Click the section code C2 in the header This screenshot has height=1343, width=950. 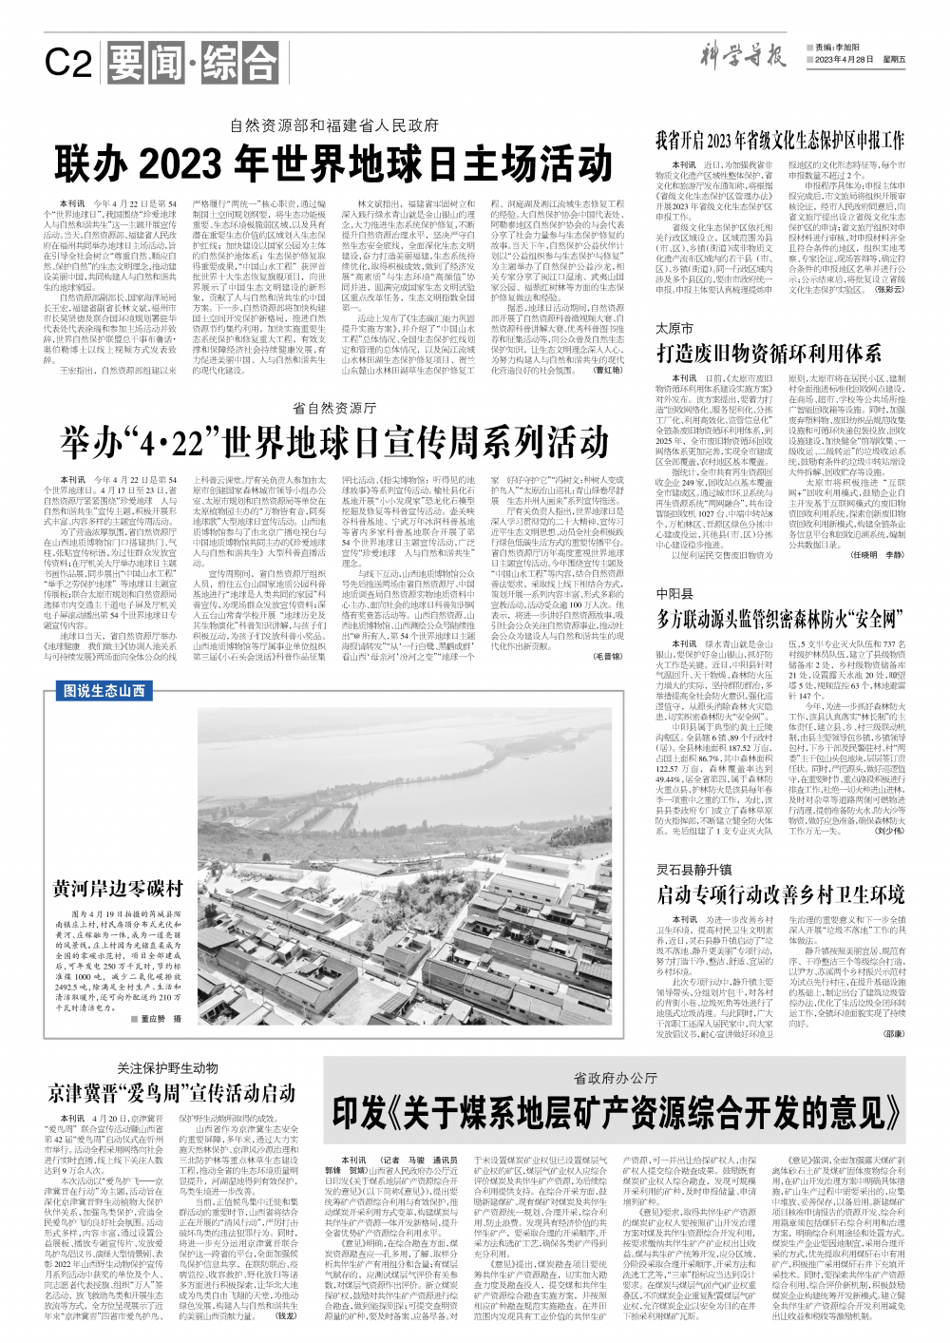68,64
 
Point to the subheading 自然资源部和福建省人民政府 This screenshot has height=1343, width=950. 334,125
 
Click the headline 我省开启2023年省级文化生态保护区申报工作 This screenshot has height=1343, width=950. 779,140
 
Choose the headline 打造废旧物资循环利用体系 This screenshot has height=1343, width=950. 769,354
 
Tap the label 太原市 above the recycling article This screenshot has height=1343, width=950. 674,328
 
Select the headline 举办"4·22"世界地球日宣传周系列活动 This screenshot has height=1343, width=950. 333,442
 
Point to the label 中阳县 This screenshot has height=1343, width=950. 674,593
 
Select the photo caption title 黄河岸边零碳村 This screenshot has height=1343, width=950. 117,889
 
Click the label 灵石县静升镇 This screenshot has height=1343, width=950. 693,869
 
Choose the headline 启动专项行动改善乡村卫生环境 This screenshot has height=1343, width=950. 779,894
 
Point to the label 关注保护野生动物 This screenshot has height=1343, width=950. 167,1068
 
